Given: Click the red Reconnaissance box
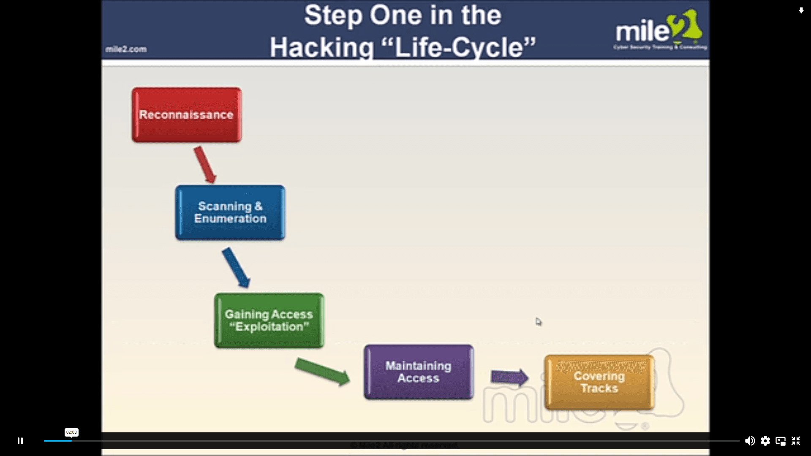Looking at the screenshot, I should click(x=186, y=115).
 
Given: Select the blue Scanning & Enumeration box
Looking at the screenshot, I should click(x=230, y=212).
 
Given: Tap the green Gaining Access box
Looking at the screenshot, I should click(x=269, y=320).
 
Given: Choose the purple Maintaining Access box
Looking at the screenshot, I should click(x=418, y=372).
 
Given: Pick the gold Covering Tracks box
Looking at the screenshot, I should click(x=599, y=382).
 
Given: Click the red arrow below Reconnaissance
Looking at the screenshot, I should click(x=205, y=165).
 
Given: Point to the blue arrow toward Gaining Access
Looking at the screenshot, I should click(x=236, y=268).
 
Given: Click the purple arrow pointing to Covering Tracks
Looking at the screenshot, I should click(x=509, y=377).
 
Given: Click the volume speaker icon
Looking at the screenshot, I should click(x=750, y=441).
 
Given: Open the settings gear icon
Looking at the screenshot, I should click(x=765, y=441).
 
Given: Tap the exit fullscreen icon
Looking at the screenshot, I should click(x=796, y=441).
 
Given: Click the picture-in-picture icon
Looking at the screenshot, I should click(x=781, y=441).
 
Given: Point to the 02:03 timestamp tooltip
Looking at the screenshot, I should click(x=71, y=432).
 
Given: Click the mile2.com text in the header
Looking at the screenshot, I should click(x=126, y=49).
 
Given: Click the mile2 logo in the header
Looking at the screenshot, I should click(x=659, y=30).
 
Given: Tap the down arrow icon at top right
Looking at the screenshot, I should click(x=801, y=11).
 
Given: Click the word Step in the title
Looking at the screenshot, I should click(x=333, y=16).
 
